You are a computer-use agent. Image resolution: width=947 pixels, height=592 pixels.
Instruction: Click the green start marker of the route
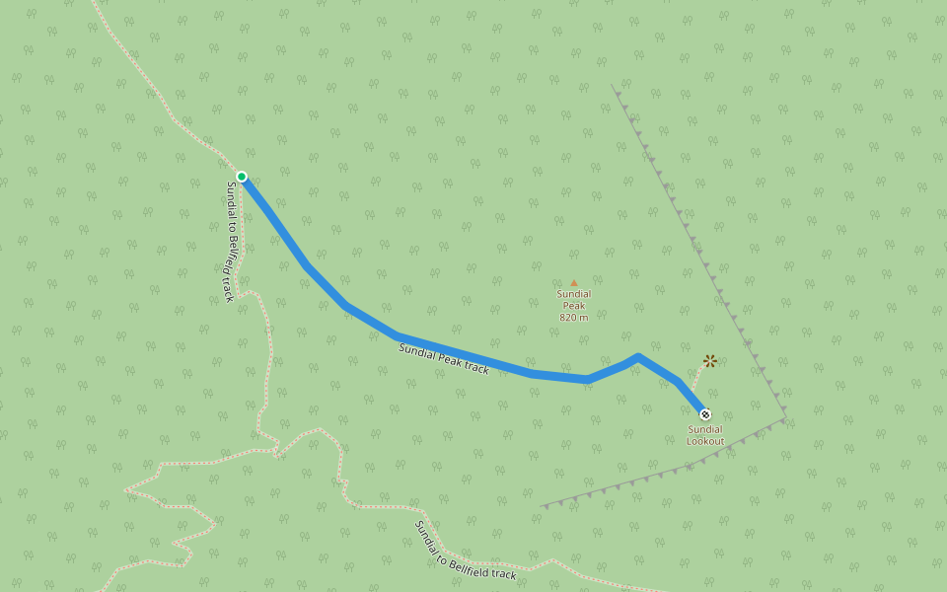[242, 177]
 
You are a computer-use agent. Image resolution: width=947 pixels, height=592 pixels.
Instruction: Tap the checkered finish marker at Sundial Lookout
[704, 414]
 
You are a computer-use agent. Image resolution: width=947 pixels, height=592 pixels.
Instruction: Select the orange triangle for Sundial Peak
[574, 283]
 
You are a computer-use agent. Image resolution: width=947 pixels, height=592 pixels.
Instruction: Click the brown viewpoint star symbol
[710, 361]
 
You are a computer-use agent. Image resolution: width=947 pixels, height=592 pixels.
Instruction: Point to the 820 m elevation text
[573, 318]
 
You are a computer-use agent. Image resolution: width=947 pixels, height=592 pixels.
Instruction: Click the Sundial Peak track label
[444, 359]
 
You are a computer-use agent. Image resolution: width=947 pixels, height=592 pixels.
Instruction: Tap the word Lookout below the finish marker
[705, 441]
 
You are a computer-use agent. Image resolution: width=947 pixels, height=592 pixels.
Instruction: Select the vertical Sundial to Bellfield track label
[230, 241]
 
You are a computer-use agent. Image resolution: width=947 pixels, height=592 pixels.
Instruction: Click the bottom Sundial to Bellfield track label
[466, 551]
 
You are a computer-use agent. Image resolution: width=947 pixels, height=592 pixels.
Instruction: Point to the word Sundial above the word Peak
[574, 294]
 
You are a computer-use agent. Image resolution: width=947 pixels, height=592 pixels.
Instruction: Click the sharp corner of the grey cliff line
[785, 418]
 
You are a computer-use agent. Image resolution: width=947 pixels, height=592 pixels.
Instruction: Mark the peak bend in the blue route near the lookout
[638, 356]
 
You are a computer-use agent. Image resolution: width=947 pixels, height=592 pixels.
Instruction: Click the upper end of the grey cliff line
[613, 86]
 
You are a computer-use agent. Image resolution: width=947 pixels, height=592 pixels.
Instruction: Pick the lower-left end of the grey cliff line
[542, 507]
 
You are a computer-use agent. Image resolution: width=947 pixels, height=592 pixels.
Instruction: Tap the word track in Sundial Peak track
[475, 368]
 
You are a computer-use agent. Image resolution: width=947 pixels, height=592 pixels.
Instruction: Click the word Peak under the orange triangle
[574, 306]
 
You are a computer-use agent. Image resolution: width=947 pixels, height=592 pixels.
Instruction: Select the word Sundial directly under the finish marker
[705, 429]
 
